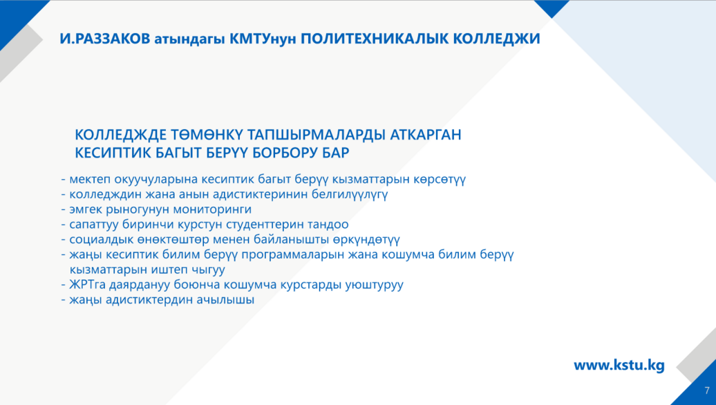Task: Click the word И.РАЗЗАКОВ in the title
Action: (x=105, y=39)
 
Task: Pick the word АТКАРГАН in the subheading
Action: (x=426, y=135)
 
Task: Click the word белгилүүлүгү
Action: (x=350, y=195)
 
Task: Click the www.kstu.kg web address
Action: (x=619, y=366)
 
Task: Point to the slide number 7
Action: (x=707, y=391)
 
